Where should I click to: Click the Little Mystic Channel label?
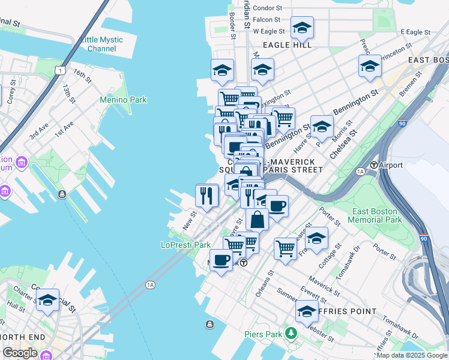102,44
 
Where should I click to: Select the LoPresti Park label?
185,245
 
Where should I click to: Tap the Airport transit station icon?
373,165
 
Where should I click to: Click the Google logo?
20,353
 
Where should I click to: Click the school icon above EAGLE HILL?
302,27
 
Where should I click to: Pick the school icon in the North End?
47,299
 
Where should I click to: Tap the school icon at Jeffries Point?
307,311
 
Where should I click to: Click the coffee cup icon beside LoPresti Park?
220,260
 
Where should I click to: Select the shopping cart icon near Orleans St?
286,247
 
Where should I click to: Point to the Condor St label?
267,8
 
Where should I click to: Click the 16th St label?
82,76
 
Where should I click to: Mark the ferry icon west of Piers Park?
209,325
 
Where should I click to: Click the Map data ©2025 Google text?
412,355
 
